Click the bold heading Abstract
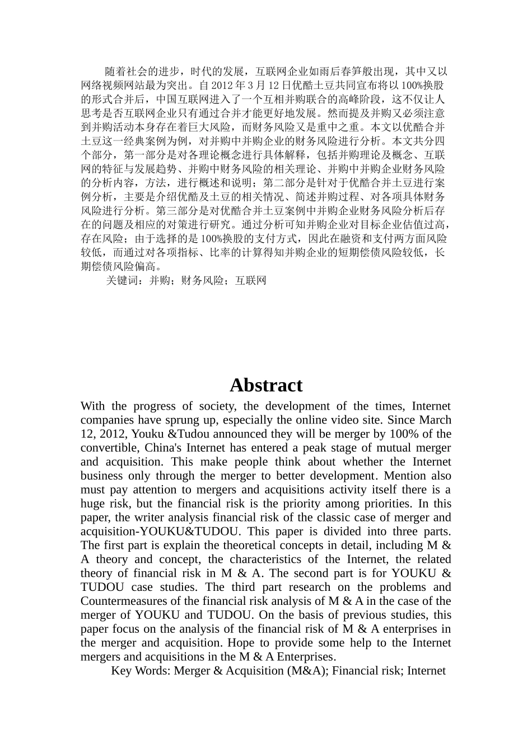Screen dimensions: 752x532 click(x=265, y=385)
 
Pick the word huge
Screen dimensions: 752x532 click(x=92, y=504)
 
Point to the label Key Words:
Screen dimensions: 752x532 click(x=141, y=671)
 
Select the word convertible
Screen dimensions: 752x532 click(x=110, y=448)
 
